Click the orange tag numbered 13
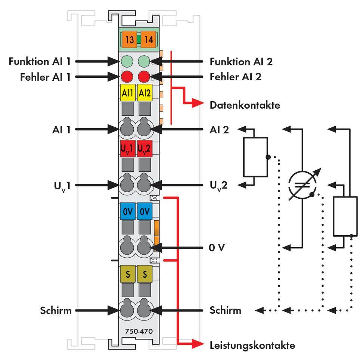click(130, 40)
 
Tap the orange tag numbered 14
click(148, 40)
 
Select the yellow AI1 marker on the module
click(128, 93)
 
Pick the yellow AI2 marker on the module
click(144, 93)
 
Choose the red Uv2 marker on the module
click(144, 148)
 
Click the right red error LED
click(144, 77)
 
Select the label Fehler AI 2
click(235, 77)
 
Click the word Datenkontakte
click(245, 105)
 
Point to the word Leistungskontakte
click(252, 345)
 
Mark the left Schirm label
click(56, 310)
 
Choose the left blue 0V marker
click(128, 211)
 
